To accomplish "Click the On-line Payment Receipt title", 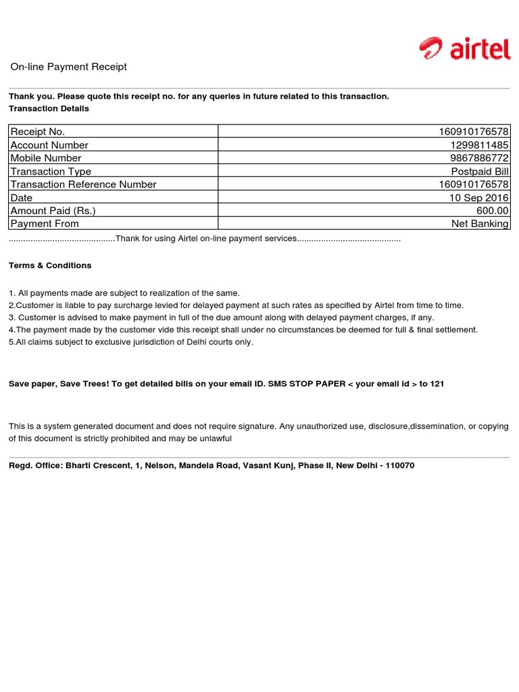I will pyautogui.click(x=68, y=67).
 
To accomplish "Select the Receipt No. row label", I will pyautogui.click(x=38, y=132).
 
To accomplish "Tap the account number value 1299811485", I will pyautogui.click(x=480, y=145).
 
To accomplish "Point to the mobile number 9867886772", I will pyautogui.click(x=480, y=158).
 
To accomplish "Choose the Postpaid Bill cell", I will pyautogui.click(x=480, y=171).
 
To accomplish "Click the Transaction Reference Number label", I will pyautogui.click(x=83, y=184).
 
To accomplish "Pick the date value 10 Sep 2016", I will pyautogui.click(x=479, y=197).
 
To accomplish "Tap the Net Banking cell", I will pyautogui.click(x=480, y=224).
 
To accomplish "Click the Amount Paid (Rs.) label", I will pyautogui.click(x=53, y=211).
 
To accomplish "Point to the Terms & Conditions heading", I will pyautogui.click(x=50, y=266).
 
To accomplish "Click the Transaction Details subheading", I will pyautogui.click(x=49, y=109).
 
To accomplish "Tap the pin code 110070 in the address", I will pyautogui.click(x=400, y=466).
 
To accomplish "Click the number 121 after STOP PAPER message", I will pyautogui.click(x=437, y=384).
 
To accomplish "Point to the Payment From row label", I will pyautogui.click(x=45, y=224).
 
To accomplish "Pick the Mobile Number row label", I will pyautogui.click(x=46, y=158).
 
